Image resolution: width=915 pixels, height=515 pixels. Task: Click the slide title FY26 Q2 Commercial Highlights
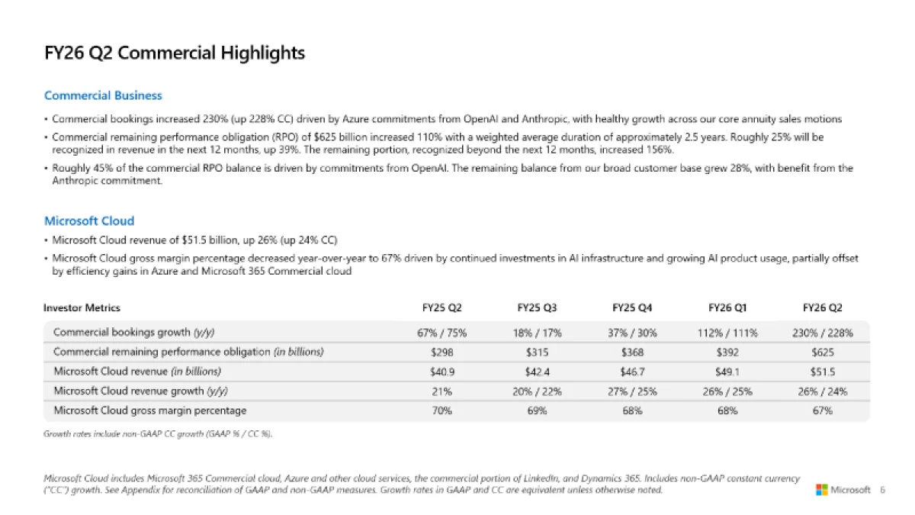175,53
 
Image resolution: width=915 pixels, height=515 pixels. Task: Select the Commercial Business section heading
103,95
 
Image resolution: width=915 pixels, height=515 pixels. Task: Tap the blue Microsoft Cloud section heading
89,220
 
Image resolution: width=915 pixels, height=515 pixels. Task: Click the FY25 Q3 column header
537,308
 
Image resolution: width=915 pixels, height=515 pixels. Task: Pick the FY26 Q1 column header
727,308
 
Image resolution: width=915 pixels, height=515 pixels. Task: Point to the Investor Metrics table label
82,308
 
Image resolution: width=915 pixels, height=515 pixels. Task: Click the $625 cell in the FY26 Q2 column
823,352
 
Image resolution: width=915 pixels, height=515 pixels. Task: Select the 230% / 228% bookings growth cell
823,333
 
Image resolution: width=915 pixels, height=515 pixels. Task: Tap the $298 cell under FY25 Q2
441,352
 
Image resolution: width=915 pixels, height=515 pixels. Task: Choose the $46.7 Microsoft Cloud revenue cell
632,372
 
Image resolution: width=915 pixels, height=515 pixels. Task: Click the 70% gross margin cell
441,410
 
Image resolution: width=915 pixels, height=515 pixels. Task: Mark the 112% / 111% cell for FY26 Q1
727,333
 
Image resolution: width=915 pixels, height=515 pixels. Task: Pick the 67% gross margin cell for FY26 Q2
823,410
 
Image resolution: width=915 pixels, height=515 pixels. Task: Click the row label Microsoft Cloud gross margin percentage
149,410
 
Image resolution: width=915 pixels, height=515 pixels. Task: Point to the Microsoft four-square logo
821,490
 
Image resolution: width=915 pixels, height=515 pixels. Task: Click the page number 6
882,490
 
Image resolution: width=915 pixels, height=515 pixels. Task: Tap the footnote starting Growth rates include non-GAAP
158,434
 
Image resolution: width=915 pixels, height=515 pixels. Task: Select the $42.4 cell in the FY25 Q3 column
537,372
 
